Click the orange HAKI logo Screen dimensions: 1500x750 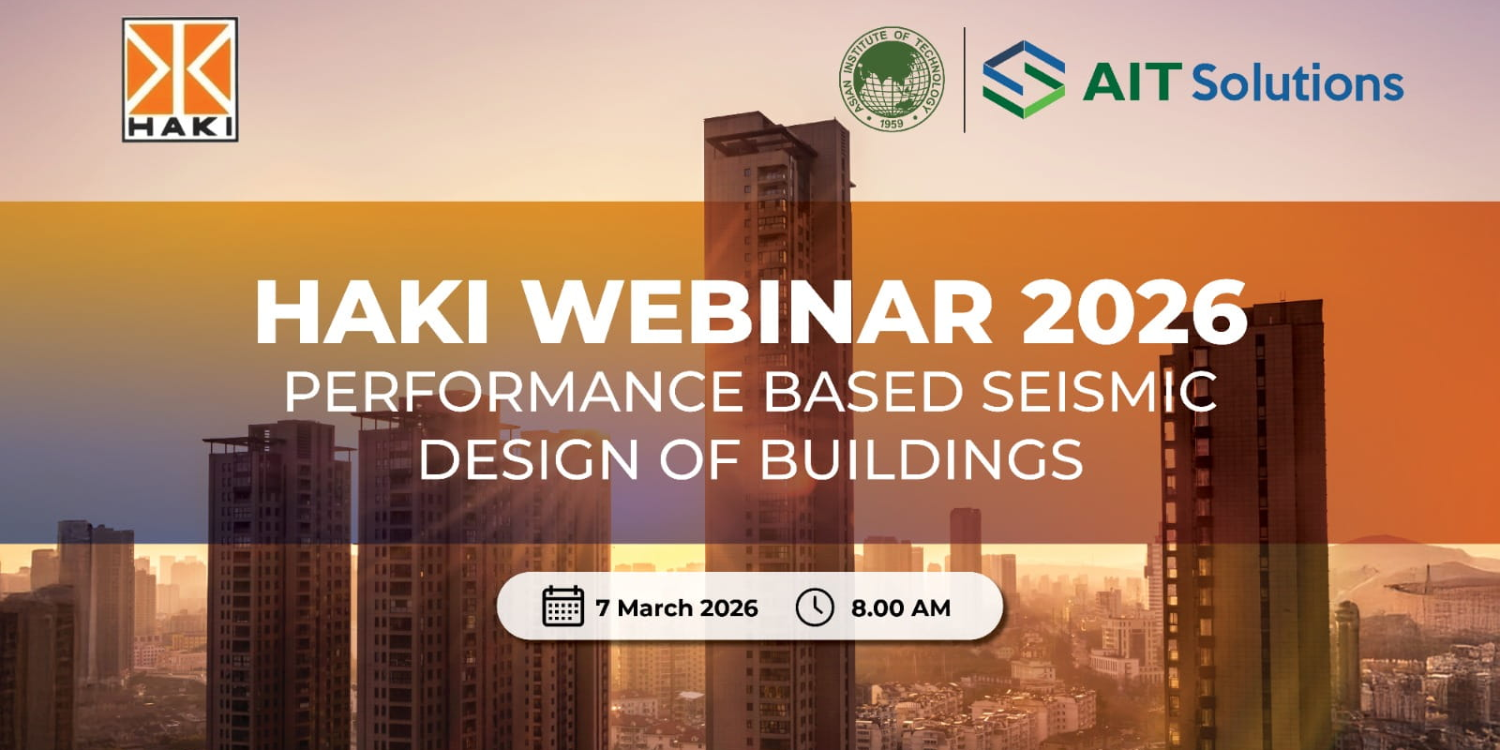180,80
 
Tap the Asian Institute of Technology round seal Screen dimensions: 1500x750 892,79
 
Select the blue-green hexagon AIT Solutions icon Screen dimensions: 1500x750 1024,80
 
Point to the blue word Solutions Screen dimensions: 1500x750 1297,82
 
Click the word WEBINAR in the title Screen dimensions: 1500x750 759,312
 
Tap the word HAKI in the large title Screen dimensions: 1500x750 371,312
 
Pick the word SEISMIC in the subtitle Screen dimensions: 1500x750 1099,392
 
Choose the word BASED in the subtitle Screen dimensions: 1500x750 862,392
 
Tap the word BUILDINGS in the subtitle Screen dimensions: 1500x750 922,459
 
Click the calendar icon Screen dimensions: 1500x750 563,606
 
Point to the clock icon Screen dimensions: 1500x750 815,607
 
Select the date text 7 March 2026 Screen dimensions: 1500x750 677,608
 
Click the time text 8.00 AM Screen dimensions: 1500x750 901,608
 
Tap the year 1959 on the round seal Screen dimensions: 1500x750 892,123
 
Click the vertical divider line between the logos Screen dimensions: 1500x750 965,80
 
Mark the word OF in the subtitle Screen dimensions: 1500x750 699,459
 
